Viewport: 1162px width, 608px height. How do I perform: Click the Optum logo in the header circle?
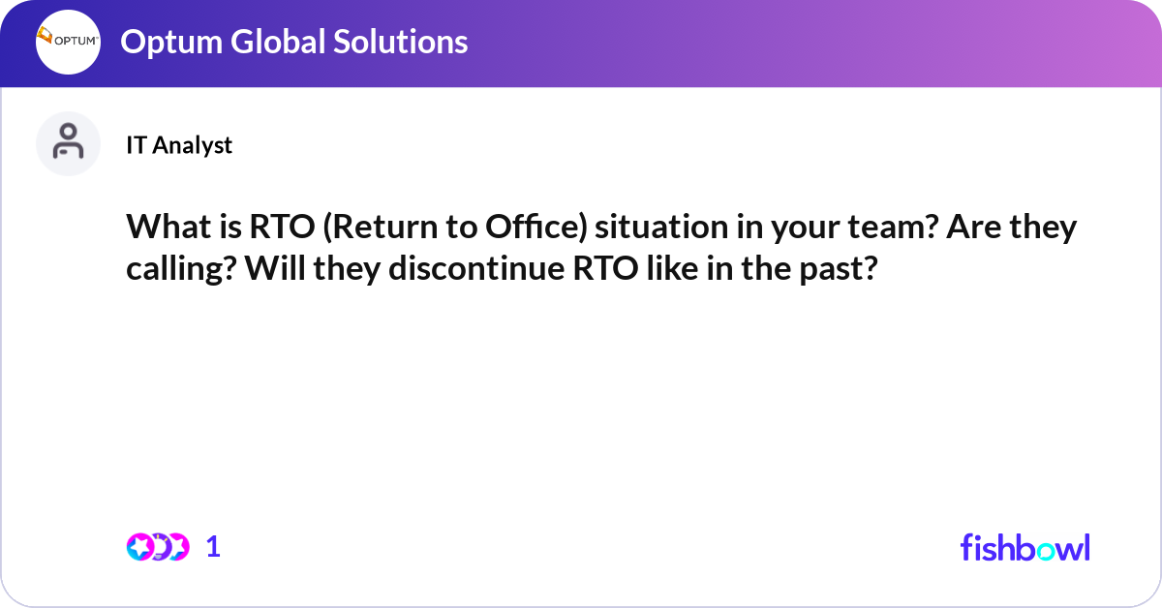(x=68, y=42)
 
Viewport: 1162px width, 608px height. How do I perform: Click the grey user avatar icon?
(x=68, y=143)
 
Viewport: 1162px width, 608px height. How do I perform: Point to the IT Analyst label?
(x=179, y=145)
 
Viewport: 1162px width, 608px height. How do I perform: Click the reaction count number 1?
(x=214, y=547)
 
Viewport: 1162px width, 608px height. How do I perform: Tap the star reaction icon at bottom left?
(x=140, y=547)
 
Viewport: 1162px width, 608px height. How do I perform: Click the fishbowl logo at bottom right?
(x=1024, y=547)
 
